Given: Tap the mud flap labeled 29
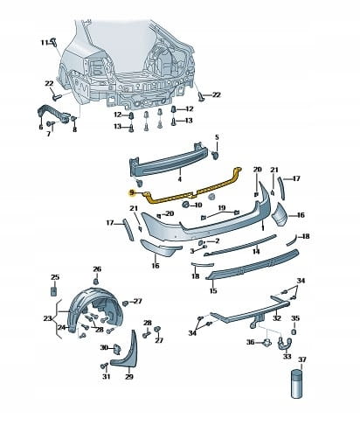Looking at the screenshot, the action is click(x=126, y=352).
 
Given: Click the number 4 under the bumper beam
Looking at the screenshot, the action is click(x=180, y=178).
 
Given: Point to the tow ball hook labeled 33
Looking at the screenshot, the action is click(x=285, y=344).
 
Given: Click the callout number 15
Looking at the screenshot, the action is click(x=213, y=290).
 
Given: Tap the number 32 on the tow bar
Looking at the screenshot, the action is click(x=277, y=317).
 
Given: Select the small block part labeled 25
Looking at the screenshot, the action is click(x=54, y=291).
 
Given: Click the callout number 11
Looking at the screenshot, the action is click(x=44, y=43).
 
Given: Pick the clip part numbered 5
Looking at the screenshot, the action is click(x=216, y=155).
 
